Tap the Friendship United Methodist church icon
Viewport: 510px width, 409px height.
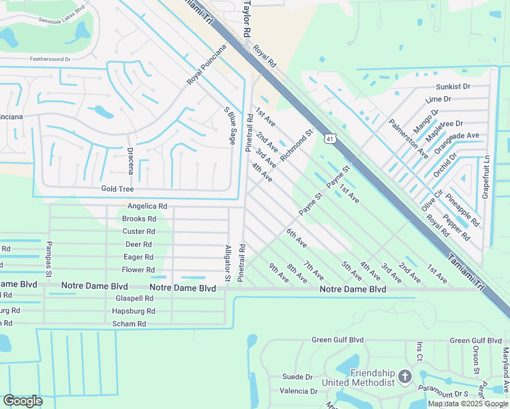pyautogui.click(x=405, y=377)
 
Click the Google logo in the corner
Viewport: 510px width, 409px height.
pyautogui.click(x=22, y=401)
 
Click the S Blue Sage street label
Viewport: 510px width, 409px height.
pyautogui.click(x=228, y=125)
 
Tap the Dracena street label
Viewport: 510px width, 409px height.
pyautogui.click(x=130, y=159)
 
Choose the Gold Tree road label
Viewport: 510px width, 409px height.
pyautogui.click(x=117, y=189)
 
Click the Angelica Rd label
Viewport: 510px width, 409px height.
pyautogui.click(x=147, y=206)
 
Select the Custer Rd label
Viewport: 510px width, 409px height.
pyautogui.click(x=139, y=232)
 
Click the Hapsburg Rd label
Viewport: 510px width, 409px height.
pyautogui.click(x=134, y=311)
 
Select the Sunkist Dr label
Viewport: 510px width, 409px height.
pyautogui.click(x=453, y=87)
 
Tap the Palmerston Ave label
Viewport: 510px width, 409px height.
pyautogui.click(x=408, y=137)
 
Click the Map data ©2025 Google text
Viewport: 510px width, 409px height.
pyautogui.click(x=468, y=404)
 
